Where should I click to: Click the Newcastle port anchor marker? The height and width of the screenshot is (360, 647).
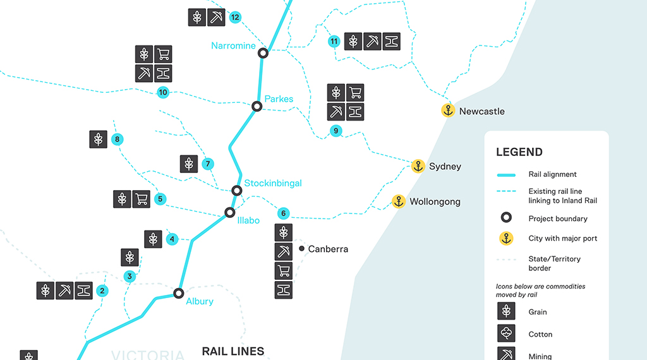point(448,111)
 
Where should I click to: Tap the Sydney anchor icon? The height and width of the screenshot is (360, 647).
point(418,166)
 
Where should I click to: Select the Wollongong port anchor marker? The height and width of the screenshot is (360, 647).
point(399,201)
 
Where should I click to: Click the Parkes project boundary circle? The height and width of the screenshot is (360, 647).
point(257,106)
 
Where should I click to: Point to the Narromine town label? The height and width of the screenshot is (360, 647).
point(233,45)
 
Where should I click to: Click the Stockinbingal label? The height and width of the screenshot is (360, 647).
point(273,183)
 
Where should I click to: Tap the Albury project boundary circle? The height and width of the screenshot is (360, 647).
point(179,293)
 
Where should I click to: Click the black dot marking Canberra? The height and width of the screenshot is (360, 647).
point(302,249)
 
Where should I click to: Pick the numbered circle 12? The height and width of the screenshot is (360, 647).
point(235,17)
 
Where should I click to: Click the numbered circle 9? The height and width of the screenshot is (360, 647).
point(336,131)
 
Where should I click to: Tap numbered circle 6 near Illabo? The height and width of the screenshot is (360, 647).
point(284,213)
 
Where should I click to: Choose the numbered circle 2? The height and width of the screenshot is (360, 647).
point(102,291)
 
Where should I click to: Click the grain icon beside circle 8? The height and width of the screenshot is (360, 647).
point(98,139)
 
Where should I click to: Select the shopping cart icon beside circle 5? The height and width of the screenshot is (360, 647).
point(142,199)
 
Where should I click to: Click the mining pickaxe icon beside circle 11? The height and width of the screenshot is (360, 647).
point(373,41)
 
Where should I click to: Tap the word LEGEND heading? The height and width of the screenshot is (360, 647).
point(519,152)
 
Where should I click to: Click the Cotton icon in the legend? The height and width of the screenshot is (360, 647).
point(506,333)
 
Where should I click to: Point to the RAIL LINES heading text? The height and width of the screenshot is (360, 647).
point(233,351)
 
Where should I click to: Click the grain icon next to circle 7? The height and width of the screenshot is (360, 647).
point(188,164)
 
